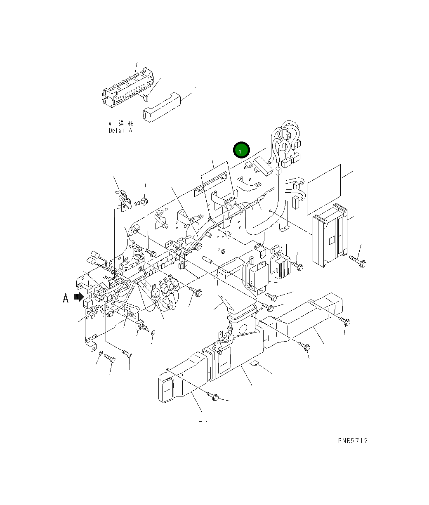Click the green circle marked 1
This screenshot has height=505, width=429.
[x=241, y=151]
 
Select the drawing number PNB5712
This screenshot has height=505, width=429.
[x=352, y=441]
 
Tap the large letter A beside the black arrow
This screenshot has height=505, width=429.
[x=66, y=297]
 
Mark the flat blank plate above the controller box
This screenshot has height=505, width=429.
[x=324, y=189]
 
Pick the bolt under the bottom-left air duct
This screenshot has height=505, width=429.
[x=214, y=396]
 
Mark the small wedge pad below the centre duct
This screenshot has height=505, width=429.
[x=255, y=364]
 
